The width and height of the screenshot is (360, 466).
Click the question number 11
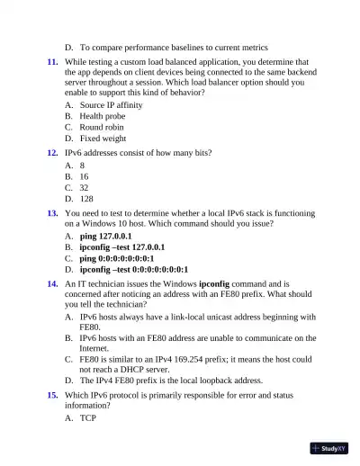(x=53, y=62)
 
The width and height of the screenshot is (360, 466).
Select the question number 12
(x=53, y=153)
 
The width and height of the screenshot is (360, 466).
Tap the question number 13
(x=53, y=213)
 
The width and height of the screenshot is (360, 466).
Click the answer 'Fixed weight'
(x=103, y=139)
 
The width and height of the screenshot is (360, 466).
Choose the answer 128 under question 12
(x=86, y=199)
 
